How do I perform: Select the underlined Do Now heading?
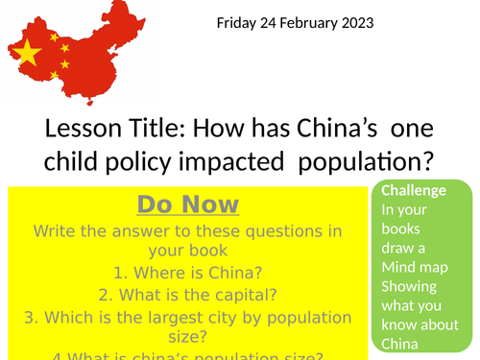pos(188,204)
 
